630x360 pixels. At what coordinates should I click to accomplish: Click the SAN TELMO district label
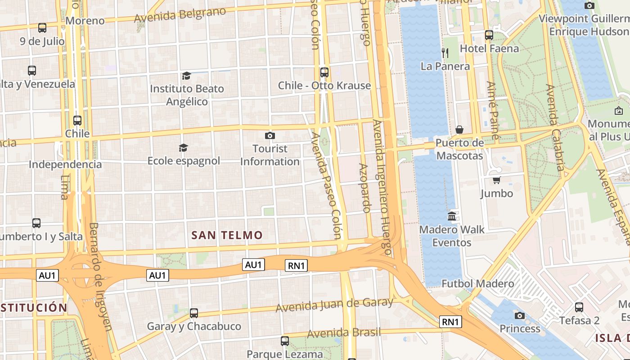(x=227, y=235)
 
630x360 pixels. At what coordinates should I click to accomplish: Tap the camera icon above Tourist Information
(x=270, y=135)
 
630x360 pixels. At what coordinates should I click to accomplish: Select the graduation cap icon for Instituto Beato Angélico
(x=186, y=76)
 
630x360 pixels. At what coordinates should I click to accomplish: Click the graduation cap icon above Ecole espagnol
(x=183, y=148)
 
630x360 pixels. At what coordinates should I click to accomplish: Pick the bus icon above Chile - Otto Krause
(x=324, y=72)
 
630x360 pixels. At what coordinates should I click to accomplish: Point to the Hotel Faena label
(x=489, y=48)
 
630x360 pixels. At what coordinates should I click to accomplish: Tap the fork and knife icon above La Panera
(x=445, y=53)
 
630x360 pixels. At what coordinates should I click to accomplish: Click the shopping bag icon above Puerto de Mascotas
(x=459, y=130)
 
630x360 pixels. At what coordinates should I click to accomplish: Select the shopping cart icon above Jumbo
(x=496, y=180)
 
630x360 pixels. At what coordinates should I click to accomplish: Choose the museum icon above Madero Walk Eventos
(x=452, y=216)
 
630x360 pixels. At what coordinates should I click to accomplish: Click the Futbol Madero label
(x=477, y=283)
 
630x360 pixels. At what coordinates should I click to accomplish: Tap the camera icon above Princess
(x=520, y=315)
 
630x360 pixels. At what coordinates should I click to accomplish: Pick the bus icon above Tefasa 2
(x=579, y=307)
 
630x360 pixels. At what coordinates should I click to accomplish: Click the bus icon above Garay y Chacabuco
(x=194, y=313)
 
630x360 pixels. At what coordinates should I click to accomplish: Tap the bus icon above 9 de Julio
(x=42, y=28)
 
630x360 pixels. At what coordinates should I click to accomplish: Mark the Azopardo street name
(x=364, y=188)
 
